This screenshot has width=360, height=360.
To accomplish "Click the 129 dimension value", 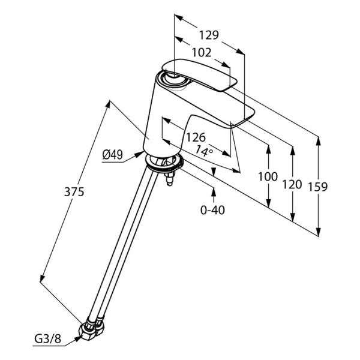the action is pyautogui.click(x=209, y=35).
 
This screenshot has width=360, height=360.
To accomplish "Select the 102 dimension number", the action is pyautogui.click(x=202, y=53).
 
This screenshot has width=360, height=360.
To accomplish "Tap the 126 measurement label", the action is pyautogui.click(x=196, y=137).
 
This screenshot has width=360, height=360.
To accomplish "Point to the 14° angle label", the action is pyautogui.click(x=204, y=152).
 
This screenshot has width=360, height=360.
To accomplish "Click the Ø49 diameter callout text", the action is pyautogui.click(x=113, y=155).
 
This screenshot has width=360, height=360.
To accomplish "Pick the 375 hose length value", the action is pyautogui.click(x=74, y=192).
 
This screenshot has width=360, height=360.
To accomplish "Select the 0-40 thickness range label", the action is pyautogui.click(x=212, y=210).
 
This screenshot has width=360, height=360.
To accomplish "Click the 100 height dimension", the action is pyautogui.click(x=268, y=176).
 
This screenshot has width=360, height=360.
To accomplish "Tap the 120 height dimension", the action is pyautogui.click(x=292, y=184).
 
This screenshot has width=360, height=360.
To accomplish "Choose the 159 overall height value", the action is pyautogui.click(x=317, y=187).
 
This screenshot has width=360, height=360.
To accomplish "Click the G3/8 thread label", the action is pyautogui.click(x=48, y=338).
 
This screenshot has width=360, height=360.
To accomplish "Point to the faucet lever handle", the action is pyautogui.click(x=199, y=75).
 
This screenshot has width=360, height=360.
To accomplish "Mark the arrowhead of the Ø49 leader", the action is pyautogui.click(x=139, y=154).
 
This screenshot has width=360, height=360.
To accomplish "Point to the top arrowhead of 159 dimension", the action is pyautogui.click(x=318, y=141).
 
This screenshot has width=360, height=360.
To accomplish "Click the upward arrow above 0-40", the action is pyautogui.click(x=214, y=192).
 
